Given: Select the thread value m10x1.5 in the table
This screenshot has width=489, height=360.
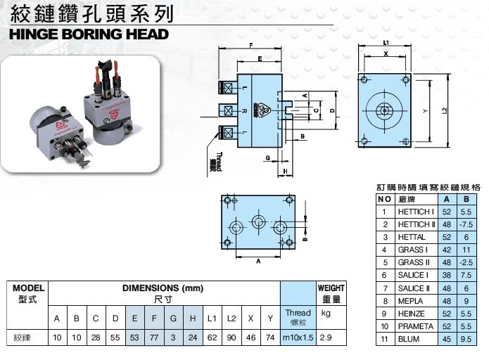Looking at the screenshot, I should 298,338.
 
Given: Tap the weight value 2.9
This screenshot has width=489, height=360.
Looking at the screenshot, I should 326,338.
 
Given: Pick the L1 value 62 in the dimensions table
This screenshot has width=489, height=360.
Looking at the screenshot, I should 212,338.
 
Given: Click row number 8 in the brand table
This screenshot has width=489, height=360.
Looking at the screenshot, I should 384,300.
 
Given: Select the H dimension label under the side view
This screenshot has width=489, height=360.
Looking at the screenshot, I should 286,171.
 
